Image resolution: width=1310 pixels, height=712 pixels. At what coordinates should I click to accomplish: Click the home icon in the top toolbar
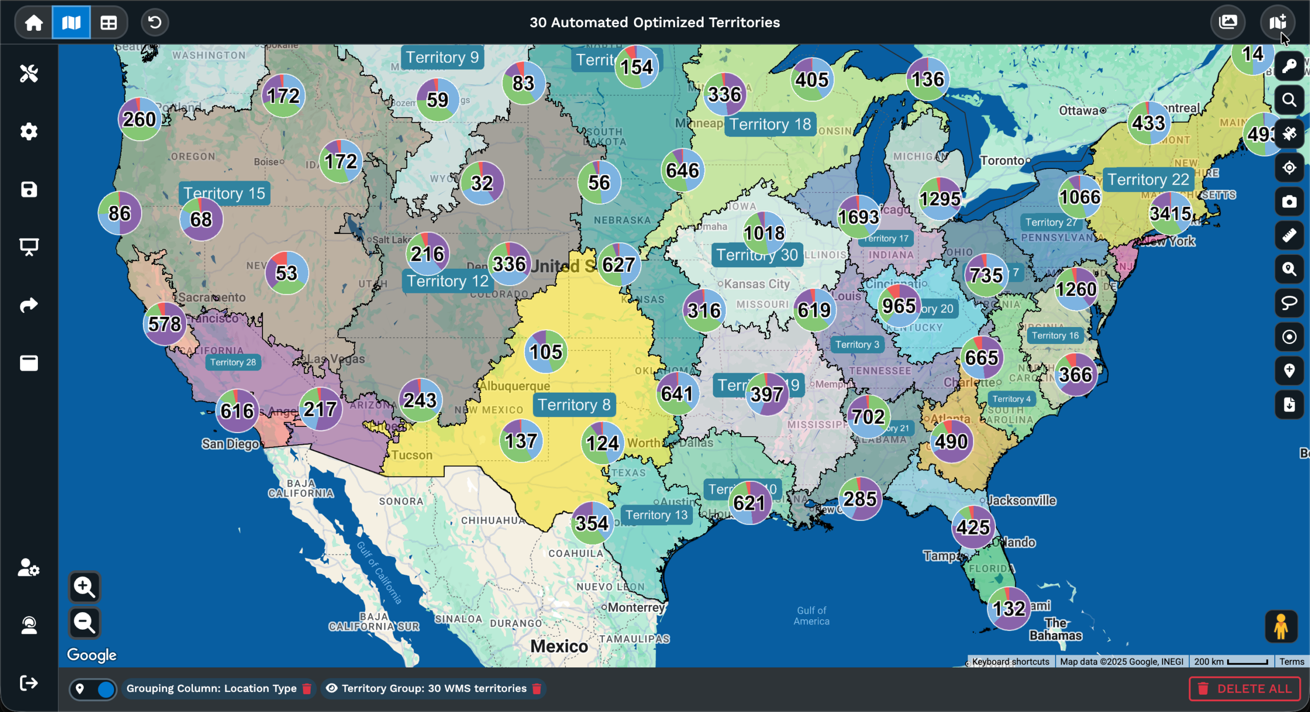coord(34,23)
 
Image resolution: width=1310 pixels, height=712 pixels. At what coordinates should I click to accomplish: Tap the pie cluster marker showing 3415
coord(1170,213)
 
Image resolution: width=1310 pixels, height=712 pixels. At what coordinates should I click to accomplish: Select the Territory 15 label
coord(224,193)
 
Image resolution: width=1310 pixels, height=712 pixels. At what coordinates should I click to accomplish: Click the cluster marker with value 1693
coord(858,217)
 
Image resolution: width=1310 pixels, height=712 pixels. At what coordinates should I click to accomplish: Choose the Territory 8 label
coord(574,405)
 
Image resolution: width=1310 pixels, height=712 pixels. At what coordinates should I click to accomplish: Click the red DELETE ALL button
coord(1244,688)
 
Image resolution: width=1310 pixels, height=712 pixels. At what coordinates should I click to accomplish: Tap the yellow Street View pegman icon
coord(1281,626)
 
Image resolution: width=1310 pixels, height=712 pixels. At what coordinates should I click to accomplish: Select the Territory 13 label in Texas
coord(657,515)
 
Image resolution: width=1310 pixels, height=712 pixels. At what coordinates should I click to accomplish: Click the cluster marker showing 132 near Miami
coord(1009,609)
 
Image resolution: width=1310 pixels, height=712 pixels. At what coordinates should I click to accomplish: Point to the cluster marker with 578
coord(164,324)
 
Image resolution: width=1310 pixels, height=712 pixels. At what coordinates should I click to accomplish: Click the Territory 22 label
coord(1148,180)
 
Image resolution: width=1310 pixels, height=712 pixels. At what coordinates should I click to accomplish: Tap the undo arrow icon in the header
coord(155,23)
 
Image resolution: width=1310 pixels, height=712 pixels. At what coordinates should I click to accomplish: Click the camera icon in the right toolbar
coord(1289,202)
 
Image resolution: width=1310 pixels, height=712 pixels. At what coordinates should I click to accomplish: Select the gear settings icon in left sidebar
coord(29,132)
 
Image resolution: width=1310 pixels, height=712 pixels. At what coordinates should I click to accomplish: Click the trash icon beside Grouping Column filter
coord(307,688)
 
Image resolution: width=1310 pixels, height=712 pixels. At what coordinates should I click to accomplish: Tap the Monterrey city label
coord(636,608)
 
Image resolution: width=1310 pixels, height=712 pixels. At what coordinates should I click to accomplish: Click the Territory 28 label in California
coord(233,362)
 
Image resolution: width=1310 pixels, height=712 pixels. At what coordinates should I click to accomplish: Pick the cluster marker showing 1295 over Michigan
coord(940,199)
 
